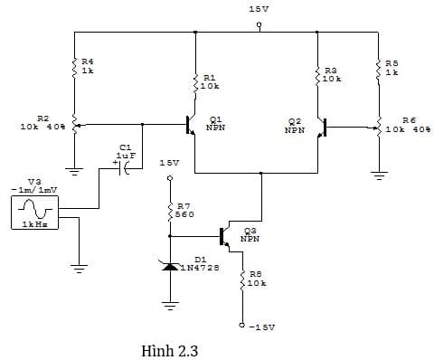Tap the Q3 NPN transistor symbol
(x=226, y=236)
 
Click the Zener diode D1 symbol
(x=169, y=265)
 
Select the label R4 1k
(x=88, y=65)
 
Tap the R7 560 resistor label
(x=184, y=210)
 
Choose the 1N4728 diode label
(x=199, y=268)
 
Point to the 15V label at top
(x=259, y=8)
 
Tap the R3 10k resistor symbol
(x=317, y=75)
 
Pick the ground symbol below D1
(x=169, y=305)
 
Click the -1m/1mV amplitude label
(x=34, y=190)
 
